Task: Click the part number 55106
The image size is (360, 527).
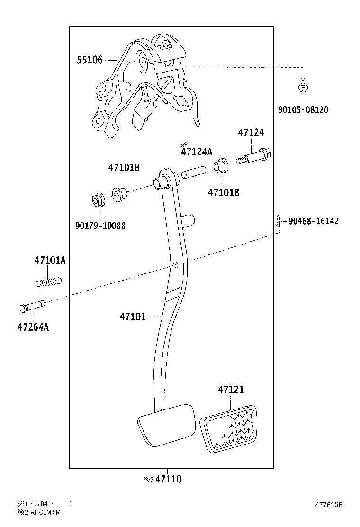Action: tap(90, 60)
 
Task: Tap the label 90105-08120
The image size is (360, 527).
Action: tap(303, 109)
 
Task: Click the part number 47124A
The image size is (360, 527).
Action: tap(197, 152)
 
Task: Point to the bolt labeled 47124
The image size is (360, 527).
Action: tap(254, 156)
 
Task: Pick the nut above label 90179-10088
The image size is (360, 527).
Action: tap(98, 200)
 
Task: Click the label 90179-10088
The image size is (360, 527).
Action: tap(100, 226)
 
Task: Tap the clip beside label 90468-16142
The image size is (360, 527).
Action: tap(278, 221)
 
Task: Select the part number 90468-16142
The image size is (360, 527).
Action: tap(314, 221)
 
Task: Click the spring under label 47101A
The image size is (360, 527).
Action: tap(48, 282)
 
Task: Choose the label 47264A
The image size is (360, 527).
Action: tap(33, 327)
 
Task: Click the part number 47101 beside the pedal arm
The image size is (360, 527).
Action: tap(133, 316)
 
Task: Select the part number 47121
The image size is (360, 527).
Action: tap(231, 390)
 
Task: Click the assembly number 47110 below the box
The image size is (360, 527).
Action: tap(169, 479)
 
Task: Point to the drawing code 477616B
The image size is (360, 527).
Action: tap(329, 505)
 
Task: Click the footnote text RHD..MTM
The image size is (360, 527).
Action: tap(45, 513)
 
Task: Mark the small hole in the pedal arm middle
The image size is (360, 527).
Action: tap(176, 264)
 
